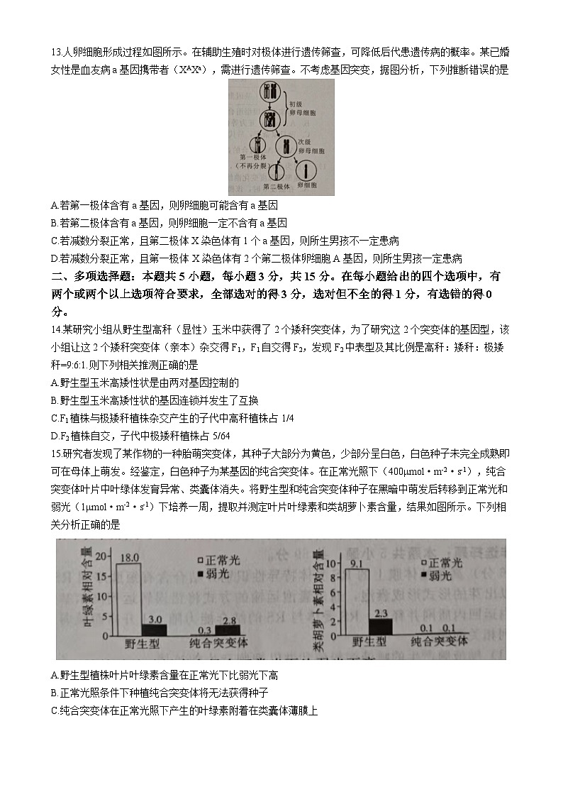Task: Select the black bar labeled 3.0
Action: click(x=155, y=629)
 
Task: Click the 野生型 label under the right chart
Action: click(x=370, y=642)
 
